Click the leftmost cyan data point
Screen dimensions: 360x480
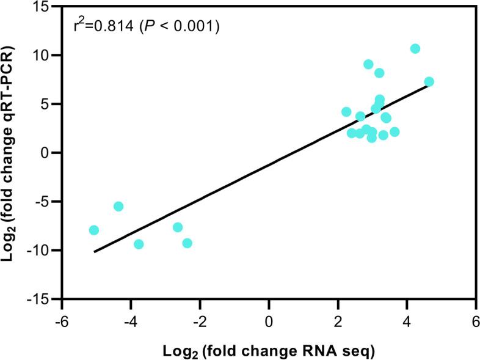click(93, 230)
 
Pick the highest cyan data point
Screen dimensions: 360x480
click(415, 49)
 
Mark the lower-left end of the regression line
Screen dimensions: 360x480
click(94, 251)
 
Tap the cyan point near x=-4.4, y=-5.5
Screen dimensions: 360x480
click(118, 207)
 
